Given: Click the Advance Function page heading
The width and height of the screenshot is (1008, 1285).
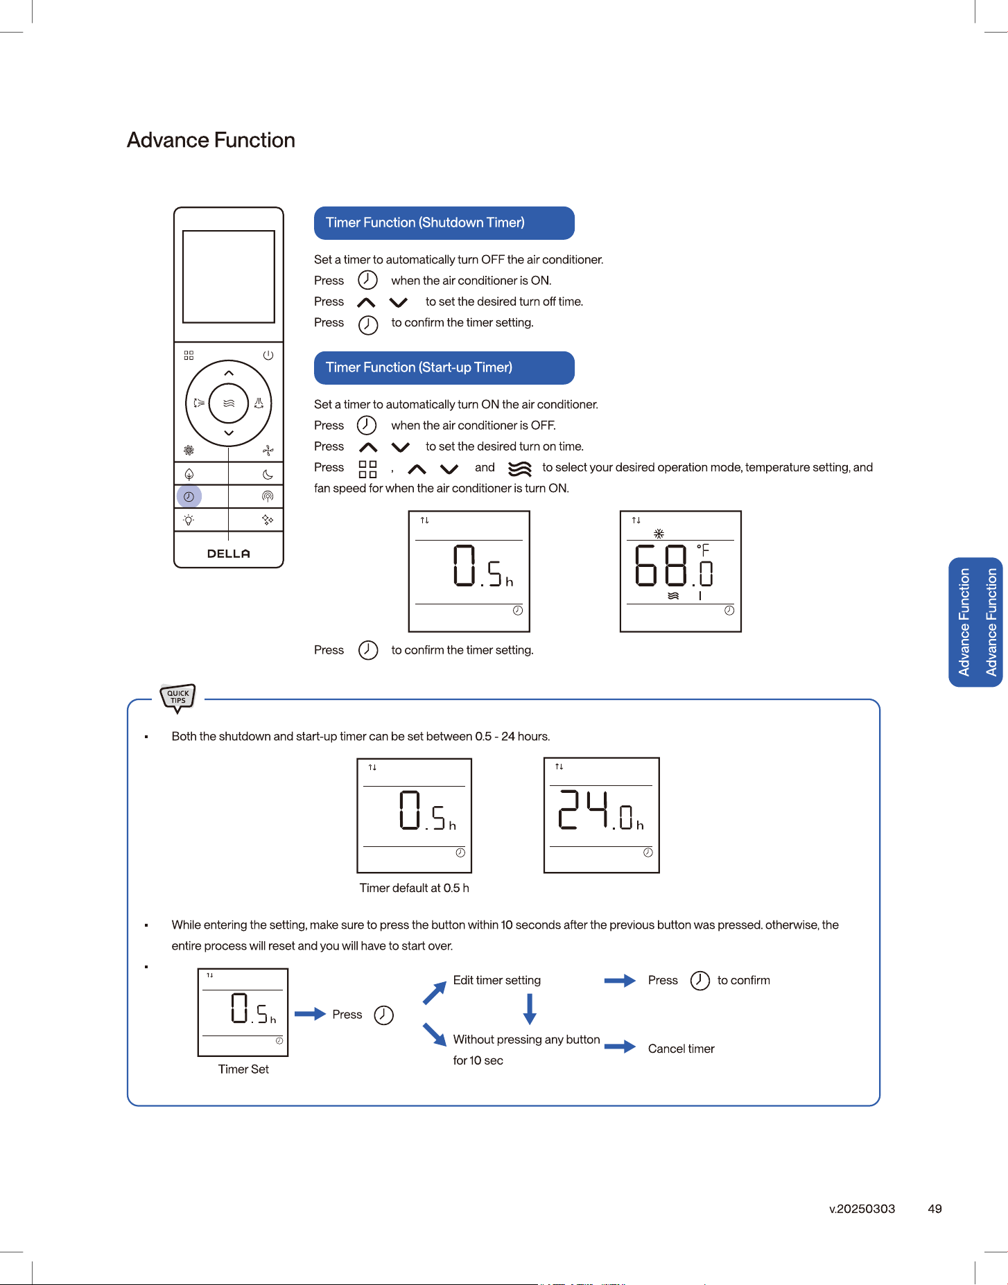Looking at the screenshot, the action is (x=211, y=140).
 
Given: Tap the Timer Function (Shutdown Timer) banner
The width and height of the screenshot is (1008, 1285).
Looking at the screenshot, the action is (x=444, y=223).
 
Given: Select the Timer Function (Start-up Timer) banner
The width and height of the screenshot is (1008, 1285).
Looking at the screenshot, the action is (x=444, y=368).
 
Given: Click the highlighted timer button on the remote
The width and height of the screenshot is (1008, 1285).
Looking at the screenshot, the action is (x=189, y=496).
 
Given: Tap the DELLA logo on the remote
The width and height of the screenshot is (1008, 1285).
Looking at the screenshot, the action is (x=229, y=553).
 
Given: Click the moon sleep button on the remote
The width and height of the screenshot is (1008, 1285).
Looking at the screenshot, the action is (x=268, y=474).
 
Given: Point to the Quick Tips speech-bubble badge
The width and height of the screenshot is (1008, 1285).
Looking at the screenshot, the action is (x=178, y=697).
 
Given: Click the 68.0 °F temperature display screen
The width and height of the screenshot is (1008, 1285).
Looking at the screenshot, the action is (x=681, y=571).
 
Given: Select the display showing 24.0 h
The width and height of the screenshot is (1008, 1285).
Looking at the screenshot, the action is (x=601, y=815).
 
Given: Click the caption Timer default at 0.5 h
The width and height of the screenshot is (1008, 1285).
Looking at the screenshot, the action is (x=415, y=888).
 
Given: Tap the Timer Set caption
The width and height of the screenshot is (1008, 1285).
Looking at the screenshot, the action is (x=243, y=1069).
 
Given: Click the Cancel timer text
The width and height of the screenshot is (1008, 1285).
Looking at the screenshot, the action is (x=681, y=1049).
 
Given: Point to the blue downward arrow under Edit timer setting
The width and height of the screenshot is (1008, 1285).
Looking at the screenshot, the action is (x=530, y=1009).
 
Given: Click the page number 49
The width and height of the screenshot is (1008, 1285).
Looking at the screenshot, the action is (x=935, y=1209).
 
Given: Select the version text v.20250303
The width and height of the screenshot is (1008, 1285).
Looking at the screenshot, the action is (x=862, y=1209).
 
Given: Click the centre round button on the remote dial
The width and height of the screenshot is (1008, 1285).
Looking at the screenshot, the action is (x=229, y=403).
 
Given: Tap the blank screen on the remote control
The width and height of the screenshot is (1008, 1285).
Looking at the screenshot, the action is (x=229, y=277).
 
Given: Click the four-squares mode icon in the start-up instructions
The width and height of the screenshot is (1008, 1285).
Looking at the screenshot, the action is (x=367, y=469).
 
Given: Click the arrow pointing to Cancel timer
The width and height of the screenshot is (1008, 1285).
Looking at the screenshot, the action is (x=620, y=1047).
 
